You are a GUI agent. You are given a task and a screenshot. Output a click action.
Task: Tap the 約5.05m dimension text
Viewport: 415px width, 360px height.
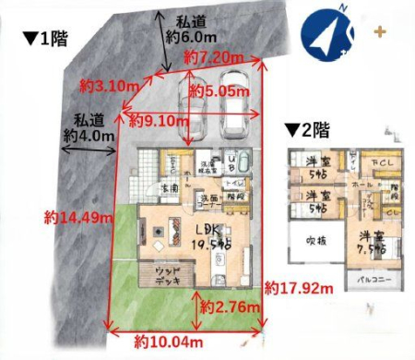pos(219,91)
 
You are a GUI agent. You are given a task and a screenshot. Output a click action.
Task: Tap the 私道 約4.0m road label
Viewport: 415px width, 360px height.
pos(89,126)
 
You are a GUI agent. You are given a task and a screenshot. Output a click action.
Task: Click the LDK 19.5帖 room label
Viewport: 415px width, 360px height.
pos(210,235)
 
